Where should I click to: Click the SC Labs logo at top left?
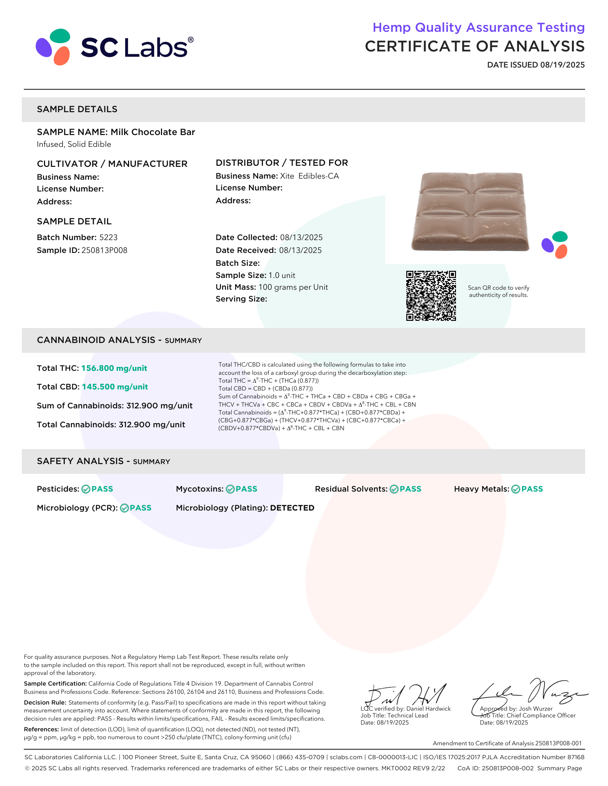pyautogui.click(x=114, y=47)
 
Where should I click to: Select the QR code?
pyautogui.click(x=431, y=295)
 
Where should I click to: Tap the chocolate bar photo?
pyautogui.click(x=471, y=212)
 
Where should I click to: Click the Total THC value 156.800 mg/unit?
pyautogui.click(x=114, y=368)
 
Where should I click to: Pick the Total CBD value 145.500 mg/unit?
pyautogui.click(x=115, y=387)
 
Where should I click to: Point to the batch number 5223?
pyautogui.click(x=108, y=238)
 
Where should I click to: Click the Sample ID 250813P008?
pyautogui.click(x=104, y=250)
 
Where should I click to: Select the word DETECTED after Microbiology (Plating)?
pyautogui.click(x=292, y=508)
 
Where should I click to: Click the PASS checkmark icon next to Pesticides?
pyautogui.click(x=86, y=489)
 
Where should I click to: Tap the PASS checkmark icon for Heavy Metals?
pyautogui.click(x=515, y=489)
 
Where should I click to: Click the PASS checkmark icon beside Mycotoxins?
pyautogui.click(x=230, y=489)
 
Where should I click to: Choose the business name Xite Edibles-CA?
pyautogui.click(x=309, y=176)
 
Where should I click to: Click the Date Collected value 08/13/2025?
pyautogui.click(x=301, y=238)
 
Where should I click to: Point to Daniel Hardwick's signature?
pyautogui.click(x=406, y=695)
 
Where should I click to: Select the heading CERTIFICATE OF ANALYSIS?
pyautogui.click(x=474, y=46)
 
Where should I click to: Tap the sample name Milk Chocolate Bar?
pyautogui.click(x=153, y=132)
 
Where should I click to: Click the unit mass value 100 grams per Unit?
pyautogui.click(x=293, y=287)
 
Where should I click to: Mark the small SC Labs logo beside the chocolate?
pyautogui.click(x=554, y=245)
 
